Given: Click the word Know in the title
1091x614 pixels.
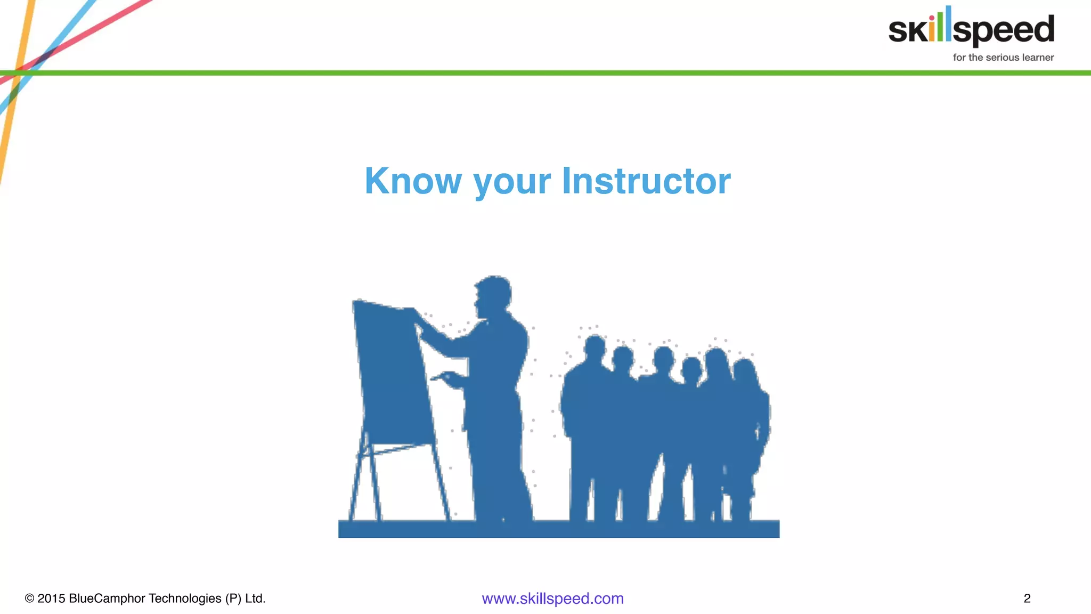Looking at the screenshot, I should pyautogui.click(x=413, y=181).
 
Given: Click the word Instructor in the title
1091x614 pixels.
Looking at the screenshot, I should pyautogui.click(x=646, y=181).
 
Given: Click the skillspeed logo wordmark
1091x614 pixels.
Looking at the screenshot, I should pyautogui.click(x=971, y=29).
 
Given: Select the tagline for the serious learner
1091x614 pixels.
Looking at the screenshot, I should pyautogui.click(x=1003, y=58).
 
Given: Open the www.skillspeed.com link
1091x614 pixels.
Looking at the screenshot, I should pyautogui.click(x=552, y=599).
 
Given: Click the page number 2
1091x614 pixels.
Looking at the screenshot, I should pyautogui.click(x=1027, y=599).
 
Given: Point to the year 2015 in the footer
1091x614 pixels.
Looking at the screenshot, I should pyautogui.click(x=51, y=599).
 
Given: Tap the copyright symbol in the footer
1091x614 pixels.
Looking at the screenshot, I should pyautogui.click(x=29, y=599).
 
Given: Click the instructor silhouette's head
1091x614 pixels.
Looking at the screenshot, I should pyautogui.click(x=494, y=294).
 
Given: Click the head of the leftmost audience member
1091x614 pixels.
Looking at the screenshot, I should pyautogui.click(x=595, y=348).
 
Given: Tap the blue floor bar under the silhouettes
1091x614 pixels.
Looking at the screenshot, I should pyautogui.click(x=558, y=529).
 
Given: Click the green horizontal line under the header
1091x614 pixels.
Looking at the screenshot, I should pyautogui.click(x=533, y=73).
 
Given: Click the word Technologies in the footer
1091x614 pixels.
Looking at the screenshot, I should pyautogui.click(x=185, y=599).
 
